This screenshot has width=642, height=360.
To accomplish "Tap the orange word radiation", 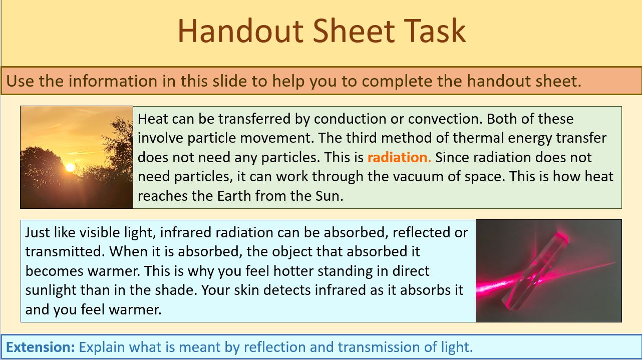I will point(399,157).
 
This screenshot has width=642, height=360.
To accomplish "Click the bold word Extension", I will point(41,347).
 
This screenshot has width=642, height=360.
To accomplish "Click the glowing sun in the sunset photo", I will point(70,167).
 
